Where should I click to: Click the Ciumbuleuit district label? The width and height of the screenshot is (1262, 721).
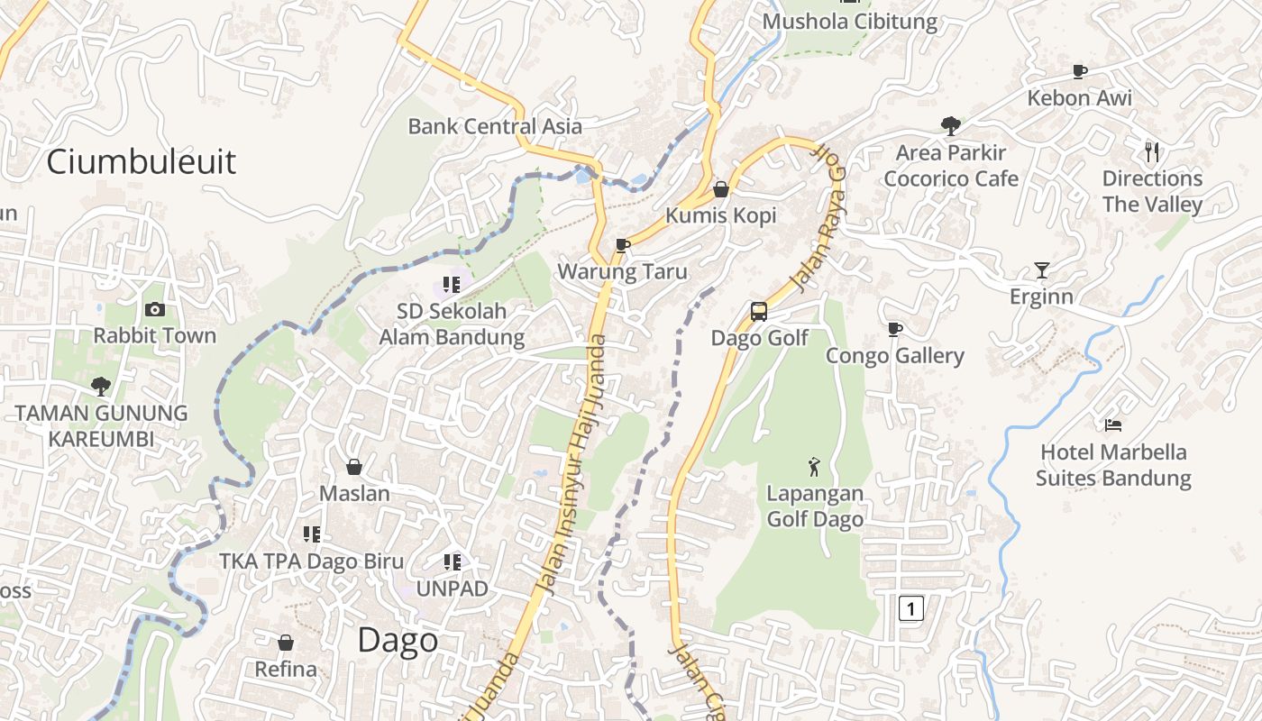click(x=141, y=162)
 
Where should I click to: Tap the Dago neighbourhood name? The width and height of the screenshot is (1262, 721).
click(x=398, y=641)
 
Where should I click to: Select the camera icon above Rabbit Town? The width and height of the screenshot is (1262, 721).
click(x=155, y=309)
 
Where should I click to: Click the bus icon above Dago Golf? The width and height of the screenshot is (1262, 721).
click(x=759, y=312)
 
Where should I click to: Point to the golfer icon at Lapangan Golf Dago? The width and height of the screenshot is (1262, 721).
click(x=815, y=467)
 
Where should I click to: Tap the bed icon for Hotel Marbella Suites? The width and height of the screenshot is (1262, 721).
click(x=1113, y=424)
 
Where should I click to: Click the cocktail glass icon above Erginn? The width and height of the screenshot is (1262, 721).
click(x=1042, y=269)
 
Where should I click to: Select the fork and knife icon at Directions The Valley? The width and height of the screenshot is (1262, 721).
click(x=1152, y=151)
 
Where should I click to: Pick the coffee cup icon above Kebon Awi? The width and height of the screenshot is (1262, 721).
click(x=1079, y=71)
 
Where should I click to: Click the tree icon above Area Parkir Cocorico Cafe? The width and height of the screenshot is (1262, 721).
click(x=950, y=125)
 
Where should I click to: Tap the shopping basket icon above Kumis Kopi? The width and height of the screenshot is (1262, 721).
click(x=720, y=189)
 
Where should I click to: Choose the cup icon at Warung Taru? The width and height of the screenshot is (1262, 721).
click(x=622, y=245)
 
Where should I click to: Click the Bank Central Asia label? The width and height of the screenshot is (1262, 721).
click(x=495, y=126)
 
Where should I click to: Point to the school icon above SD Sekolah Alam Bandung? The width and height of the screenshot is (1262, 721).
click(x=452, y=285)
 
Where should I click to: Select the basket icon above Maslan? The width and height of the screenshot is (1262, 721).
click(x=354, y=467)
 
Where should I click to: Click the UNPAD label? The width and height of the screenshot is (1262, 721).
click(x=452, y=589)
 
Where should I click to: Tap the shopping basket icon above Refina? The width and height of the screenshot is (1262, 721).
click(x=286, y=643)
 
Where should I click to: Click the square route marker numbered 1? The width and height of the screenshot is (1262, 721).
click(x=910, y=608)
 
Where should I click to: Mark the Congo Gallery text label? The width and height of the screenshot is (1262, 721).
click(x=895, y=356)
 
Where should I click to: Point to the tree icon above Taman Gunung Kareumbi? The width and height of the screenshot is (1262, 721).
click(x=101, y=387)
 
